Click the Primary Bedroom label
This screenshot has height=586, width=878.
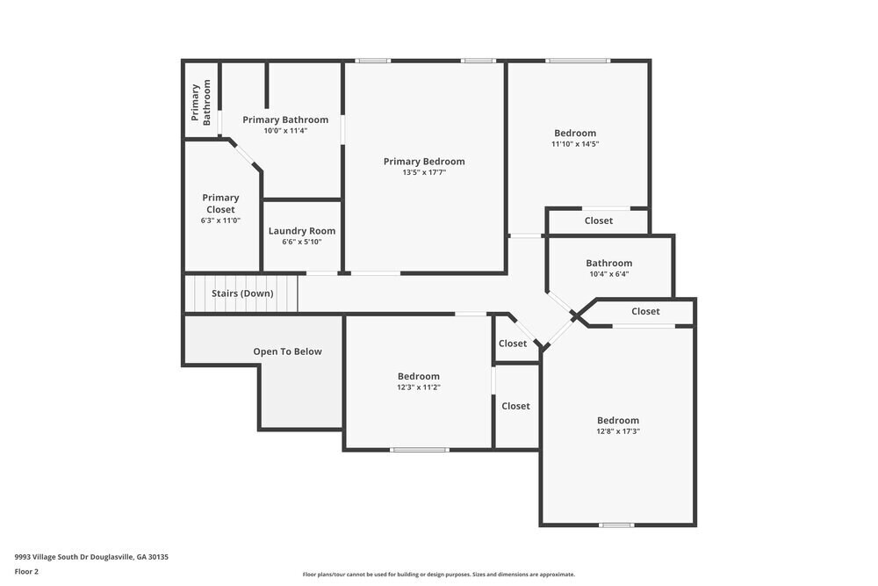(424, 162)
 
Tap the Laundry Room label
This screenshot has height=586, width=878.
(302, 231)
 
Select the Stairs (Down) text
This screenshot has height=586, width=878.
(242, 293)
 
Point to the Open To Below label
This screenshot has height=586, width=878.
(287, 351)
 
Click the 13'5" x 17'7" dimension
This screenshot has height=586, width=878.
(424, 173)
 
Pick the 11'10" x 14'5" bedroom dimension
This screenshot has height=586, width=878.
(575, 144)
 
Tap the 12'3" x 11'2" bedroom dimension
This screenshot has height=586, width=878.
(418, 387)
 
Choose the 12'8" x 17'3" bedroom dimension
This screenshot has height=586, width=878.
(618, 431)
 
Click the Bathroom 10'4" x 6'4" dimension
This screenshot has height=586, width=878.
(608, 274)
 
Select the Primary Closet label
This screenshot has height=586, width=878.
(220, 204)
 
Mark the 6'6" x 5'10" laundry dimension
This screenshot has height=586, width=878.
(302, 242)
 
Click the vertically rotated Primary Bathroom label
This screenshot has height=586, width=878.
(202, 103)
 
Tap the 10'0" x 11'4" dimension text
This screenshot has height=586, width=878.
(285, 131)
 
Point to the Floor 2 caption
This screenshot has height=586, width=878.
(26, 571)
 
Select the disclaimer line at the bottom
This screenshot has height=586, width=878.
(439, 575)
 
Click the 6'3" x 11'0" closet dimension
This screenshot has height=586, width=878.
(220, 221)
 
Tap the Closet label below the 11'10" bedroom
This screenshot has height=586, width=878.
(599, 221)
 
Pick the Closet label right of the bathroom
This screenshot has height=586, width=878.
(645, 311)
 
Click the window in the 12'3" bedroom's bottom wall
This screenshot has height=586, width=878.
(420, 450)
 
